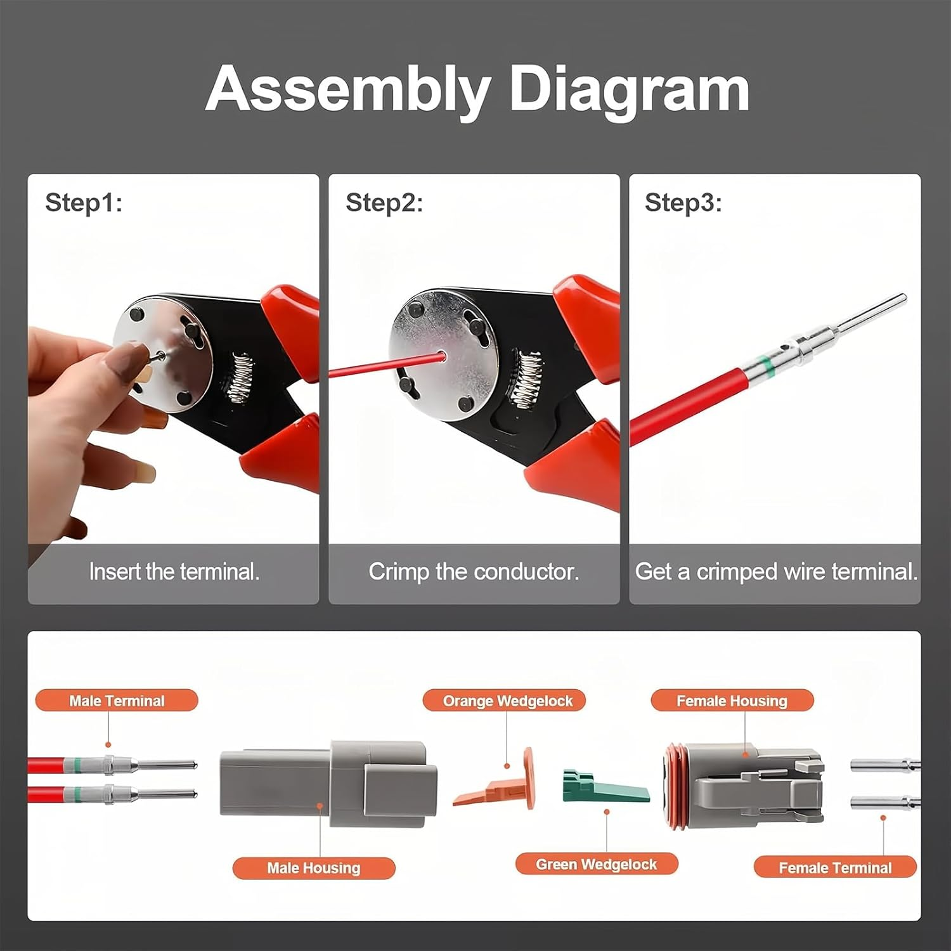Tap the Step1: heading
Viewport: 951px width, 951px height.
point(83,203)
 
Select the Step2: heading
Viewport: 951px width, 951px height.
point(384,203)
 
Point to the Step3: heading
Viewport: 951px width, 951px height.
point(683,203)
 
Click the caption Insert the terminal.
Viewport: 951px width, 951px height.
point(174,572)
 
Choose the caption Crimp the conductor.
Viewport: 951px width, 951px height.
point(474,572)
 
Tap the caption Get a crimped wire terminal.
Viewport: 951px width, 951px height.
point(775,572)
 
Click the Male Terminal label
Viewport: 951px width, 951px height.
point(117,701)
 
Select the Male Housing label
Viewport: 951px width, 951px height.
point(313,868)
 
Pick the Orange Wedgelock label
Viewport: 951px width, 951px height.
point(507,701)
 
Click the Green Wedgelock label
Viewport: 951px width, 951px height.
point(596,864)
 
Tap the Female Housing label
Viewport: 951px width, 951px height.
point(732,701)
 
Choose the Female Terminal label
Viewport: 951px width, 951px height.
point(835,868)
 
